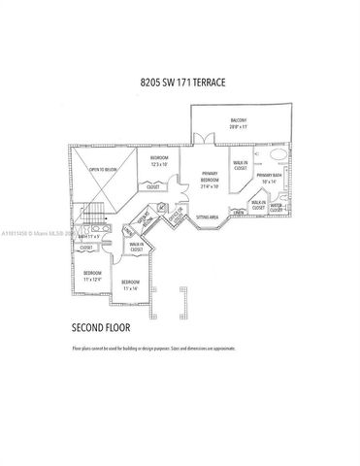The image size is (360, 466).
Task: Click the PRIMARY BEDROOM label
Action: click(209, 178)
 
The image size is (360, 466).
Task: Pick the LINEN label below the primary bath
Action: click(238, 212)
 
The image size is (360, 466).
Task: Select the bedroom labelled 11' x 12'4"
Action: click(92, 276)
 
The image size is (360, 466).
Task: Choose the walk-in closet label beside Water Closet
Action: click(258, 204)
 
